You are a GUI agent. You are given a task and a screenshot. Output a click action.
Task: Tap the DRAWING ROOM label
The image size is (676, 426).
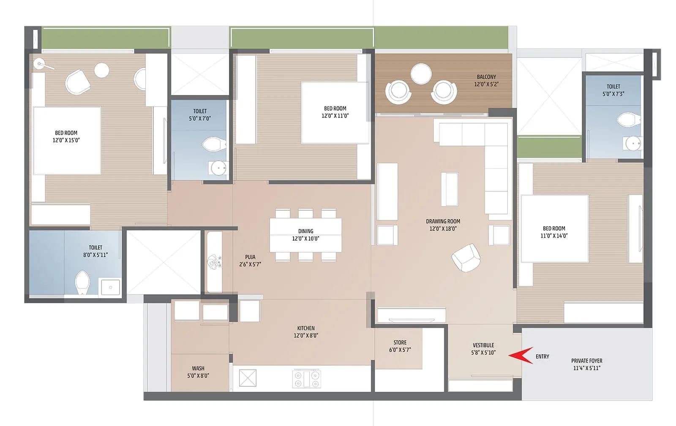click(443, 221)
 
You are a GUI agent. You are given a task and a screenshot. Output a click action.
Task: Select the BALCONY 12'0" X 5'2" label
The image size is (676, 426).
click(486, 80)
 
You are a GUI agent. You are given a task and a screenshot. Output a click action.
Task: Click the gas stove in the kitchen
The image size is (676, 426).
click(307, 378)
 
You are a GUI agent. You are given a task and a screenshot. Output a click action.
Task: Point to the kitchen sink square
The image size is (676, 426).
click(248, 378)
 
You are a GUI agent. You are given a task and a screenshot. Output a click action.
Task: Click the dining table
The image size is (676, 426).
click(305, 235)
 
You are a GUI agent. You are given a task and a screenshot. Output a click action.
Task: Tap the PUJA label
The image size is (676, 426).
click(250, 257)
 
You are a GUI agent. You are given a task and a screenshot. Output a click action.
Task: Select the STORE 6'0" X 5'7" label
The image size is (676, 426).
click(400, 346)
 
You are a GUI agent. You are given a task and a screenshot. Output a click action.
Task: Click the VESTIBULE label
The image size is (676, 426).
click(483, 345)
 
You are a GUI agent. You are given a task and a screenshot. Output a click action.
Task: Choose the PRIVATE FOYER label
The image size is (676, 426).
click(586, 361)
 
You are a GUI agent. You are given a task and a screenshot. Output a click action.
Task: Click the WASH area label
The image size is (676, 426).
click(198, 368)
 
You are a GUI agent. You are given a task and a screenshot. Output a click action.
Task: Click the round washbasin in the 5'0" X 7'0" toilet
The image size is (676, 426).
click(218, 168)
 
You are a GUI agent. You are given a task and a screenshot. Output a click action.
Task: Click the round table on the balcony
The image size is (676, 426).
click(421, 74)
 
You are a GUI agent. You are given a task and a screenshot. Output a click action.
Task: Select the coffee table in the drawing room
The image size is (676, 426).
click(450, 189)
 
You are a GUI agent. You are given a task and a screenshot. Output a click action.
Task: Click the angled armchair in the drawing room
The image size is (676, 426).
click(466, 257)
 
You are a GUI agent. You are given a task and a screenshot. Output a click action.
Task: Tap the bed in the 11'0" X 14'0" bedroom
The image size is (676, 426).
click(554, 228)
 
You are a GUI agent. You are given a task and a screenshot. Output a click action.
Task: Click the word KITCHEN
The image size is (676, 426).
click(305, 328)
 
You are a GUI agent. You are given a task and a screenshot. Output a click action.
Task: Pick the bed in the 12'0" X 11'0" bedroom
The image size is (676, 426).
click(335, 112)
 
